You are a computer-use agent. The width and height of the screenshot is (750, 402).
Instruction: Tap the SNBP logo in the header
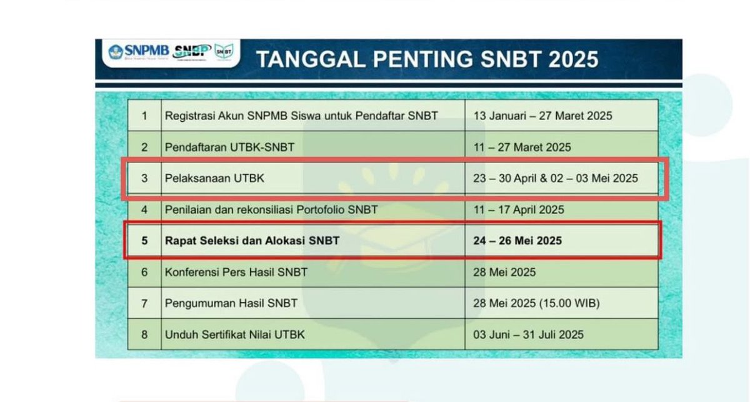point(191,52)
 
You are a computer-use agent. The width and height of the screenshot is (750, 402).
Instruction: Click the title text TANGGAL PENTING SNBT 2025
point(427,59)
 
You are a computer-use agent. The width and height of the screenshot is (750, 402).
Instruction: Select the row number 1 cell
point(144,116)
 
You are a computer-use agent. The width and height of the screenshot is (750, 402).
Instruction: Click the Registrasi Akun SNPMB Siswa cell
point(301,116)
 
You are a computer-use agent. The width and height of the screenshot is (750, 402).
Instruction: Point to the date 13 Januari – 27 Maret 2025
point(543,116)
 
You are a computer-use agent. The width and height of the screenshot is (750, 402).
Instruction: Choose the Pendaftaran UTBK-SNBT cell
point(229,148)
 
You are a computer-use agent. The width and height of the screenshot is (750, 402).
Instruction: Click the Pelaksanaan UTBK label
point(214,178)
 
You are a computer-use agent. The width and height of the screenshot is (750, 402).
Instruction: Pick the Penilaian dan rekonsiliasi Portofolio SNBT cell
point(271,209)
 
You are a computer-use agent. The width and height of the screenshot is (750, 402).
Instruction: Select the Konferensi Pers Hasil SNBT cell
point(236,272)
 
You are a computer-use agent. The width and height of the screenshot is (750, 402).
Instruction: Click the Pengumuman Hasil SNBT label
point(231,303)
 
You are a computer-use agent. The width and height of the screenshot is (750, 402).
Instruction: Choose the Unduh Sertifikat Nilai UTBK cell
point(235,334)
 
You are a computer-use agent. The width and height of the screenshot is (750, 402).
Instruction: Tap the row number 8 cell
point(144,334)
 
